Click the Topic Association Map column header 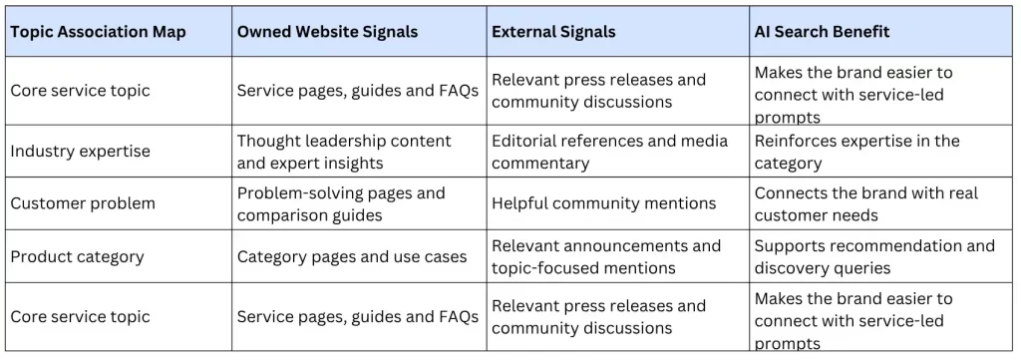(x=98, y=32)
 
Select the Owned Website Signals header (x=327, y=32)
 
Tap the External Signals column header (x=553, y=32)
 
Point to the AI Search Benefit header (x=822, y=32)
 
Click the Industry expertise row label (x=80, y=151)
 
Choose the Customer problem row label (x=83, y=203)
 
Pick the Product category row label (x=77, y=256)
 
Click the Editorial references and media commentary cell (x=609, y=152)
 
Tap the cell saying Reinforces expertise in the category (x=856, y=152)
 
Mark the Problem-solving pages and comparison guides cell (x=341, y=203)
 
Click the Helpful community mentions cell (x=603, y=203)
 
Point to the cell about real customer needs (x=866, y=203)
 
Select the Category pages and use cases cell (x=352, y=256)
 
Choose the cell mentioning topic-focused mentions (x=606, y=256)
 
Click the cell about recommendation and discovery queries (x=874, y=256)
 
